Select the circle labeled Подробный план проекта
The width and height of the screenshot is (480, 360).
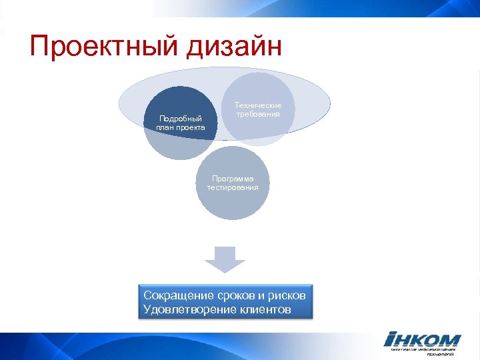(x=181, y=123)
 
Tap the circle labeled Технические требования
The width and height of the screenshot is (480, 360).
(x=258, y=108)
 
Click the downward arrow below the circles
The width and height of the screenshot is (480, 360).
(x=225, y=259)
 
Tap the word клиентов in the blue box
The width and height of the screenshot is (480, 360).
(x=265, y=309)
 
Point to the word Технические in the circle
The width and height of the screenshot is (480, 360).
(x=258, y=105)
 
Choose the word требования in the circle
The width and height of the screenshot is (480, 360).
(x=258, y=114)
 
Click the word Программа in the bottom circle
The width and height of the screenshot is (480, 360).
(x=233, y=179)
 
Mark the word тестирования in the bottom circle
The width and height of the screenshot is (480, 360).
(x=233, y=187)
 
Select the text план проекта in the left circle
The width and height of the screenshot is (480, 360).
(x=181, y=127)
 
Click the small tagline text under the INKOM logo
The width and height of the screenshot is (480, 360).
(x=423, y=351)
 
